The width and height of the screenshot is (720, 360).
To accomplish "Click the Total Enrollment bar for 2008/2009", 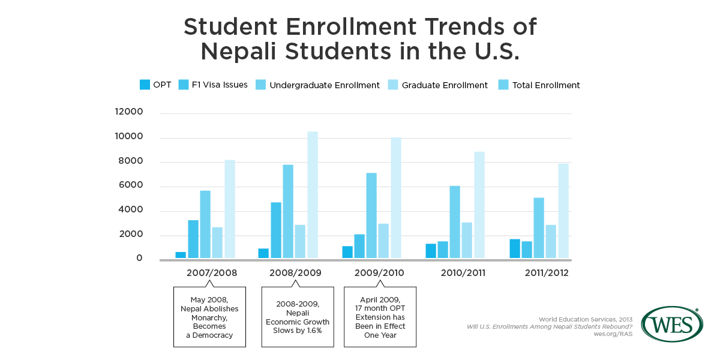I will pyautogui.click(x=313, y=195).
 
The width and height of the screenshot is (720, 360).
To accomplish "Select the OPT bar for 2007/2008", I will pyautogui.click(x=181, y=255).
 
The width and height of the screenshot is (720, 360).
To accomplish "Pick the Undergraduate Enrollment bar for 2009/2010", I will pyautogui.click(x=372, y=216).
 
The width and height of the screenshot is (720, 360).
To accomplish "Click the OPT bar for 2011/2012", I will pyautogui.click(x=515, y=249).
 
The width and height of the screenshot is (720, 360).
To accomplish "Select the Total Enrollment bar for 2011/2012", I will pyautogui.click(x=563, y=211).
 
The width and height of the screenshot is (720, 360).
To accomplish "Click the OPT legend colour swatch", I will pyautogui.click(x=145, y=85).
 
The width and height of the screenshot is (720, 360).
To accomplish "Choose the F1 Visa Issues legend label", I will pyautogui.click(x=220, y=85).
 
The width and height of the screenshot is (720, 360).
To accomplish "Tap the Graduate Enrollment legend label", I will pyautogui.click(x=445, y=85).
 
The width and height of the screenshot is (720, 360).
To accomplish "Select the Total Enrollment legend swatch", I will pyautogui.click(x=503, y=85).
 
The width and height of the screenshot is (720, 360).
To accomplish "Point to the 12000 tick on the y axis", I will pyautogui.click(x=129, y=112).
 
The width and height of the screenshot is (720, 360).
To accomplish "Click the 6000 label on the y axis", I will pyautogui.click(x=131, y=185).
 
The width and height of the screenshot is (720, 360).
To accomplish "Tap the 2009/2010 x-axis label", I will pyautogui.click(x=379, y=273).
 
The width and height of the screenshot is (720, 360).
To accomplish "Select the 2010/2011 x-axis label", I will pyautogui.click(x=463, y=273).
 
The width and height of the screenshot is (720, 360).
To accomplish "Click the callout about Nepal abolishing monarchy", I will pyautogui.click(x=209, y=316).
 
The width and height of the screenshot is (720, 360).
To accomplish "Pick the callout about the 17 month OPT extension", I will pyautogui.click(x=380, y=316).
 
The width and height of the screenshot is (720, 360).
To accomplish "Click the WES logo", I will pyautogui.click(x=671, y=324).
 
